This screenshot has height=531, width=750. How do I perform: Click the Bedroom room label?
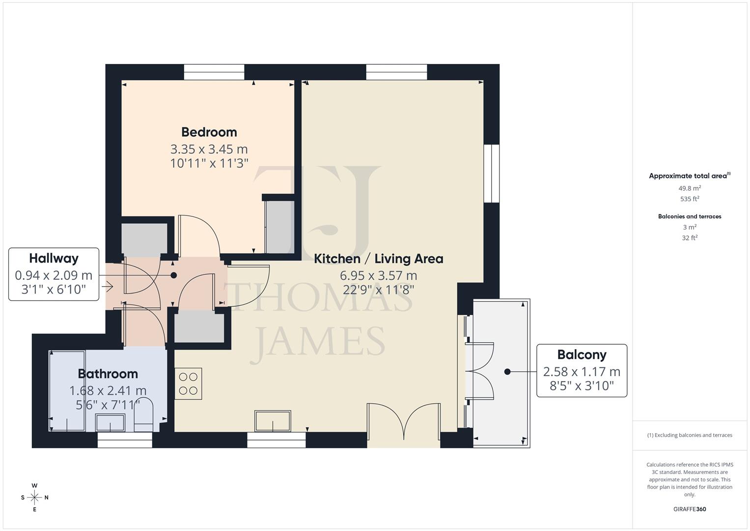[209, 132]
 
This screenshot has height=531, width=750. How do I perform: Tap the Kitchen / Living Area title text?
[378, 259]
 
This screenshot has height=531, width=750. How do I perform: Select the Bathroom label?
[108, 374]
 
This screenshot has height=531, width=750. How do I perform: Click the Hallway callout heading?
[54, 258]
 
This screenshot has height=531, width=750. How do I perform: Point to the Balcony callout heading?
[582, 354]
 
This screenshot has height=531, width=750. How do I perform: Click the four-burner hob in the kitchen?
[188, 383]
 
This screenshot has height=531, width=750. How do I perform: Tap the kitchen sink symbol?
[272, 421]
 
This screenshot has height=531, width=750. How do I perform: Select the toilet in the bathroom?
[143, 418]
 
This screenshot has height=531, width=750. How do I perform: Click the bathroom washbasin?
[110, 423]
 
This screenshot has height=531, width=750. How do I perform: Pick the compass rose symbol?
[34, 497]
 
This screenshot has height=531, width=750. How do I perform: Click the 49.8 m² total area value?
[690, 188]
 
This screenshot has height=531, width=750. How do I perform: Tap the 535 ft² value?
[690, 199]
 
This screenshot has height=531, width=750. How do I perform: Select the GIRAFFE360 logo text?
[690, 509]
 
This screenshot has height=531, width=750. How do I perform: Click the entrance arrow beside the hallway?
[107, 286]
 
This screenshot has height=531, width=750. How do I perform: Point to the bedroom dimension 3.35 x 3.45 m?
[209, 149]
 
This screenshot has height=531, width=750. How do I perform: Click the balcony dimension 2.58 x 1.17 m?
[582, 372]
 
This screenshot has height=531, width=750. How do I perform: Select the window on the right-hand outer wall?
[491, 173]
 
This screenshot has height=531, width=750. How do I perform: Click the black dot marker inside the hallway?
[174, 276]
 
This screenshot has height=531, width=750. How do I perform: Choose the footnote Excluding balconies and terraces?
[690, 435]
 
